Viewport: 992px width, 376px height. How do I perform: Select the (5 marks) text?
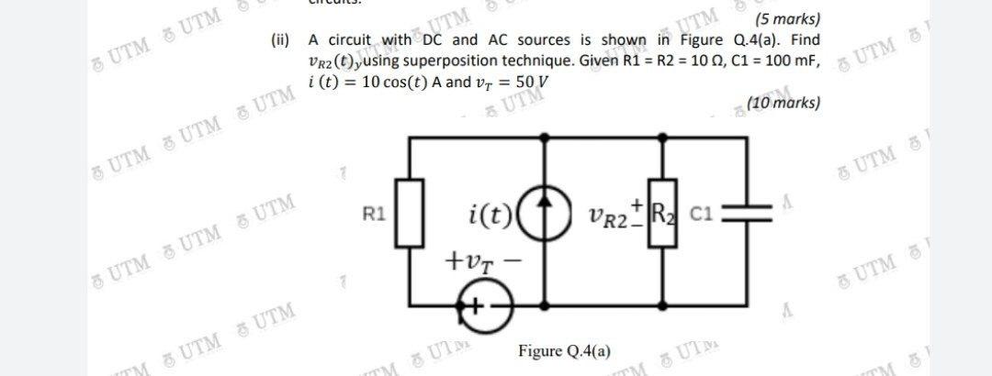click(786, 19)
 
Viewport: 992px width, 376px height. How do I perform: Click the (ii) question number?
click(280, 40)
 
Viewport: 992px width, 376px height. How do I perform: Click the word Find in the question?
click(805, 40)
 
